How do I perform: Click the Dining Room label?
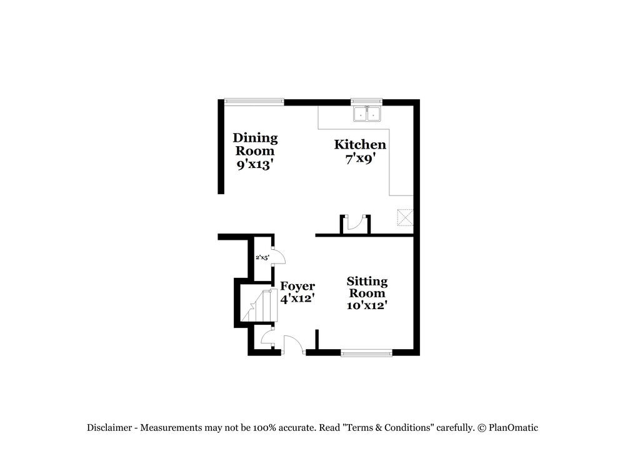point(255,144)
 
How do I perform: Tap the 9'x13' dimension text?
point(255,165)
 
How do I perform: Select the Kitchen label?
point(360,145)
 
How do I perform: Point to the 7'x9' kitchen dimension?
point(360,159)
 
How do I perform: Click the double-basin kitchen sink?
point(367,114)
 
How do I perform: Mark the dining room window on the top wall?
point(254,101)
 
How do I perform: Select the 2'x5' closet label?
point(262,257)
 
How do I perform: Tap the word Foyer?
point(297,286)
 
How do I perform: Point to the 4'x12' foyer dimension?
point(297,299)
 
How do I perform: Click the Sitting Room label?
point(367,287)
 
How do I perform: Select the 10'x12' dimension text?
point(367,305)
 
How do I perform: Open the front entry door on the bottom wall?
point(292,345)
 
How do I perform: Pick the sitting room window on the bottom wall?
point(366,353)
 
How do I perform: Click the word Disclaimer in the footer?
point(109,428)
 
